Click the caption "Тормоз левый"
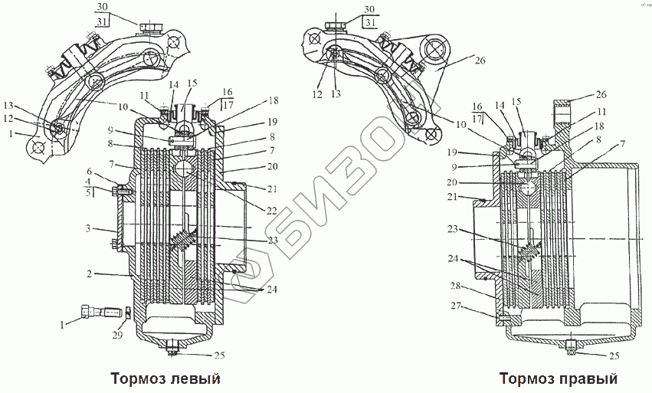pyautogui.click(x=165, y=378)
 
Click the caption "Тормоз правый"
pyautogui.click(x=558, y=378)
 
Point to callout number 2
pyautogui.click(x=90, y=273)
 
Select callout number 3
pyautogui.click(x=89, y=228)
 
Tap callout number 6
pyautogui.click(x=90, y=172)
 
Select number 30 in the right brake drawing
pyautogui.click(x=370, y=8)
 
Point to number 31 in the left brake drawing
pyautogui.click(x=103, y=21)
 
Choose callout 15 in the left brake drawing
pyautogui.click(x=192, y=83)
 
